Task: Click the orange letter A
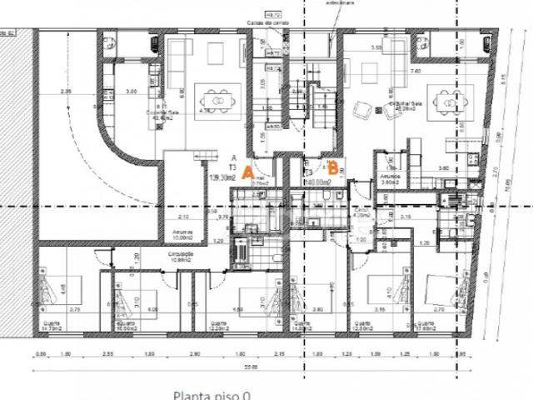[247, 172]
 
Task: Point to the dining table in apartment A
[217, 101]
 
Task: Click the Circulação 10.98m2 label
[182, 257]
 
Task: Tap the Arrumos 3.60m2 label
[391, 178]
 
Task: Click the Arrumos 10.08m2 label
[183, 235]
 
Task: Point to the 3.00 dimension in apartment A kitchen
[131, 91]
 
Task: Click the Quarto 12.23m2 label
[219, 327]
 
